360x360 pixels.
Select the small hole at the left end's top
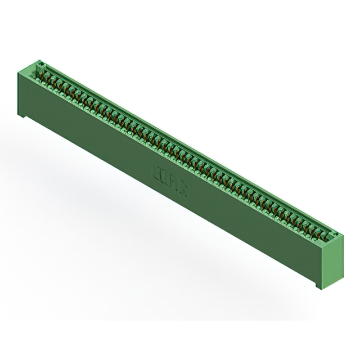click(40, 63)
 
